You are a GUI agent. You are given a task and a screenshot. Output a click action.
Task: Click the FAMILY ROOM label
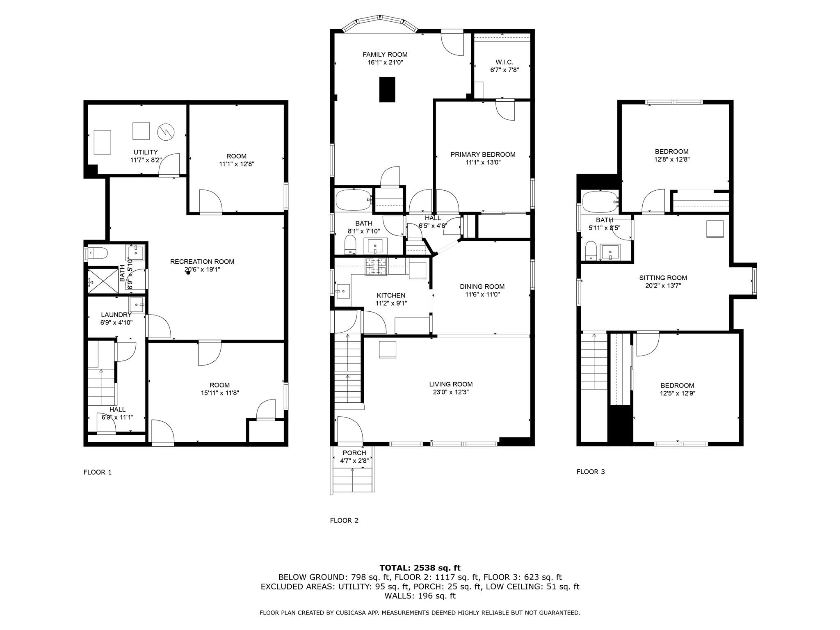(x=385, y=55)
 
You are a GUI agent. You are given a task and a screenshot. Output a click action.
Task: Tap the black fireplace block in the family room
(x=387, y=89)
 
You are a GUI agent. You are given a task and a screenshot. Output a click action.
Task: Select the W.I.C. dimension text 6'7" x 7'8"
(x=504, y=70)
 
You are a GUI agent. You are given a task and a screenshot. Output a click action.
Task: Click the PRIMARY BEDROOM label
(x=482, y=155)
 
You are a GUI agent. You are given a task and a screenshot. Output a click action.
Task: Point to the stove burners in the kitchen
(x=376, y=267)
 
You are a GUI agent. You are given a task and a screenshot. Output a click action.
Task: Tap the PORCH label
(x=354, y=453)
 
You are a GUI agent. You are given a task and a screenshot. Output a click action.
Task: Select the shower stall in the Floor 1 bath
(x=103, y=281)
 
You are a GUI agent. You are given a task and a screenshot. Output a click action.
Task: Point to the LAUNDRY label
(x=116, y=315)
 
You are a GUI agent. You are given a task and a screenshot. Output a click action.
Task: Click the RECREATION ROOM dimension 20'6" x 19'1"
(x=202, y=269)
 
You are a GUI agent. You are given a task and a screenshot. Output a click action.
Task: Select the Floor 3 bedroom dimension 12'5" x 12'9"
(x=677, y=393)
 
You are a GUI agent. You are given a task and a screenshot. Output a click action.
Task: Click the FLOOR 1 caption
(x=98, y=472)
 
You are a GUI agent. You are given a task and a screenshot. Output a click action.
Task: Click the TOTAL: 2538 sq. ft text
(x=420, y=568)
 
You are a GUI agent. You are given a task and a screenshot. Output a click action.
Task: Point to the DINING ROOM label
(x=482, y=287)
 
